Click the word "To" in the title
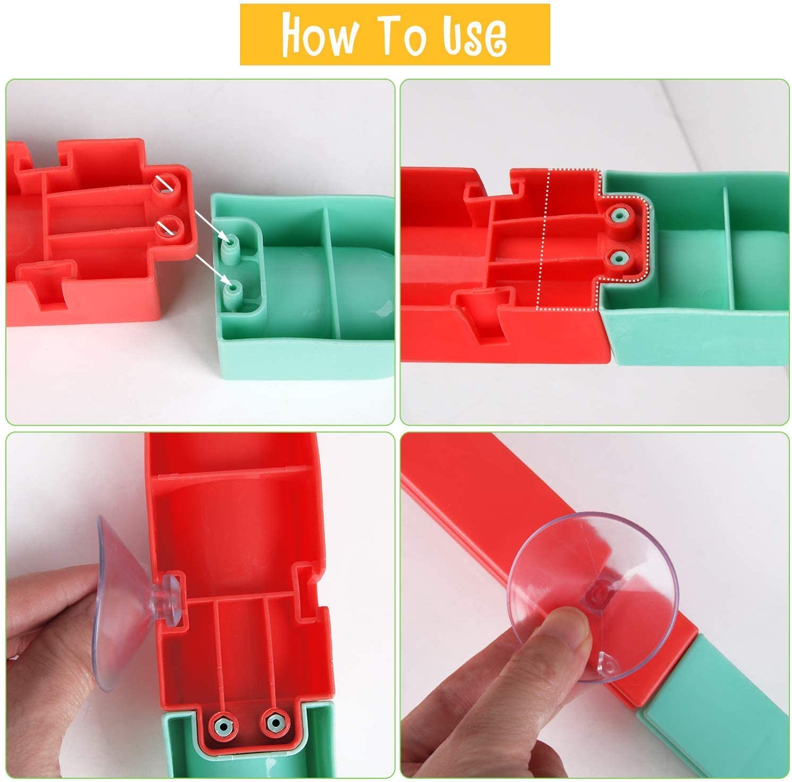coord(398,35)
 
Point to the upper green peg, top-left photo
coord(231,243)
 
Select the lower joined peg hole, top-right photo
coord(617,259)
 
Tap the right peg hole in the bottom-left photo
coord(274,721)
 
